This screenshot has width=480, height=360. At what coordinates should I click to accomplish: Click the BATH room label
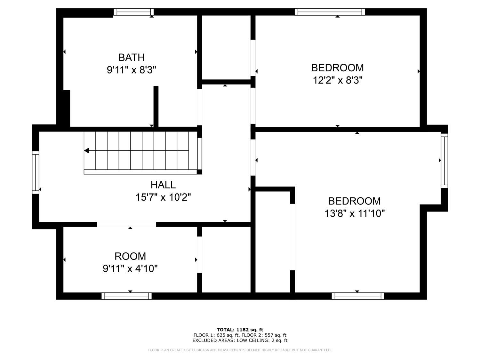point(132,58)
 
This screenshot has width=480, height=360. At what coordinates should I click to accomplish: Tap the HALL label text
point(163,185)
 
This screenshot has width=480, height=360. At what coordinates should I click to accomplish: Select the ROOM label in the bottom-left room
point(130,256)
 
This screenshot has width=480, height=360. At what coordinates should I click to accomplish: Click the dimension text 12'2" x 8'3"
point(338,80)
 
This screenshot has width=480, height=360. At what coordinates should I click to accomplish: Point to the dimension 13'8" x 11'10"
point(355,213)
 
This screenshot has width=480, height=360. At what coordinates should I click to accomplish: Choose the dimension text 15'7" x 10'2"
point(163,197)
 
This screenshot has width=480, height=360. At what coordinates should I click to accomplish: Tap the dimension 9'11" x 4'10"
point(130,268)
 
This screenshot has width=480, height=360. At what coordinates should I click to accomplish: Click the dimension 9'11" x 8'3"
point(132,70)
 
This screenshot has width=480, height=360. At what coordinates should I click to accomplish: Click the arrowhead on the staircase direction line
point(87,151)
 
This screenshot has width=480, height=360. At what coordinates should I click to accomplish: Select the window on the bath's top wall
point(134,12)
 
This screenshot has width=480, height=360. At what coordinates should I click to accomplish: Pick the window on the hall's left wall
point(36,172)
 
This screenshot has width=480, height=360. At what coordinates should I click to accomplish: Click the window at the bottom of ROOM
point(127,296)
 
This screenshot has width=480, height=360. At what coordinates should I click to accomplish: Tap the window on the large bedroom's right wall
point(444,161)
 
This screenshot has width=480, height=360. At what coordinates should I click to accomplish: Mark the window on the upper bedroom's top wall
point(330,12)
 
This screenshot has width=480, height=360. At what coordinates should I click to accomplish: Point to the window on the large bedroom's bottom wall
point(358,296)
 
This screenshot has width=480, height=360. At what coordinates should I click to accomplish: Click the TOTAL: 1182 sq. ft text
point(240,330)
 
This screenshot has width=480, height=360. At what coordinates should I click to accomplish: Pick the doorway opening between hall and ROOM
point(127,224)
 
